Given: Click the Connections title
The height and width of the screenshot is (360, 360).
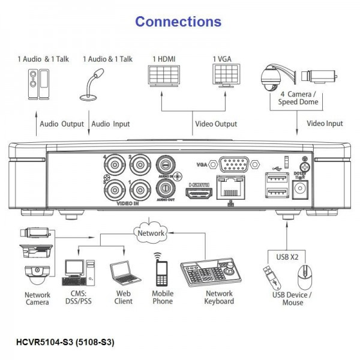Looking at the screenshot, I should (x=178, y=22).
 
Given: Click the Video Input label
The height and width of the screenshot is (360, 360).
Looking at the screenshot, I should (x=325, y=124).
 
